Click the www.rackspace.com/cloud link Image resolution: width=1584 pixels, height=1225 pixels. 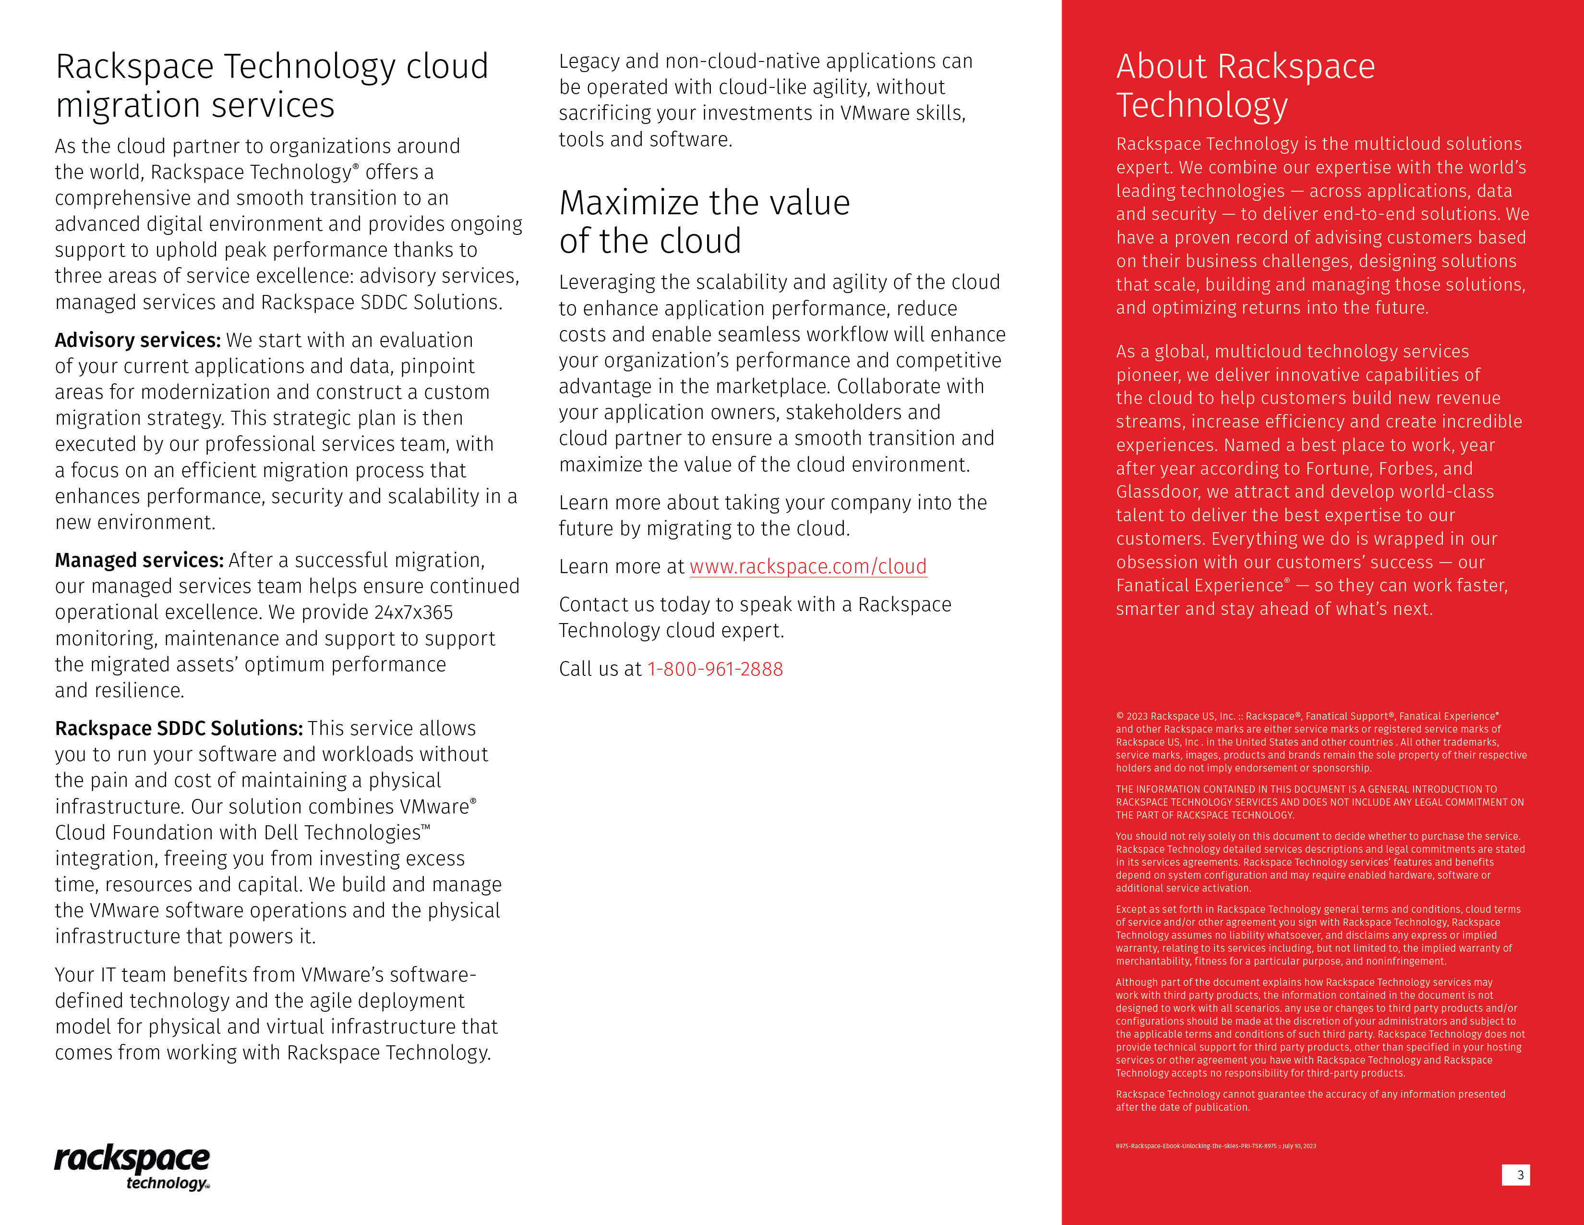click(808, 567)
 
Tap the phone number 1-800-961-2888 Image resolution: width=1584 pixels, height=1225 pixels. click(715, 669)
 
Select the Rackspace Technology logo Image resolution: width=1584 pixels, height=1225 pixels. click(132, 1167)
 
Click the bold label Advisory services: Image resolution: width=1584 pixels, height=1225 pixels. click(138, 341)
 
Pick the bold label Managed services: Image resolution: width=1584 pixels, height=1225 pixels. click(139, 560)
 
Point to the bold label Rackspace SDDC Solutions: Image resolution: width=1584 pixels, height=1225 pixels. click(179, 729)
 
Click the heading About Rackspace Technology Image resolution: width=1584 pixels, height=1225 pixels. click(1245, 86)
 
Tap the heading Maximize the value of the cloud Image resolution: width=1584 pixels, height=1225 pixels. click(704, 221)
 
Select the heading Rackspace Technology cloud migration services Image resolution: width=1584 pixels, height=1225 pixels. click(272, 86)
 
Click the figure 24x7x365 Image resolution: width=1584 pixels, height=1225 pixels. click(413, 612)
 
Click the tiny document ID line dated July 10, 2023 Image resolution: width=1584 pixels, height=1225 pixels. click(1215, 1146)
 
